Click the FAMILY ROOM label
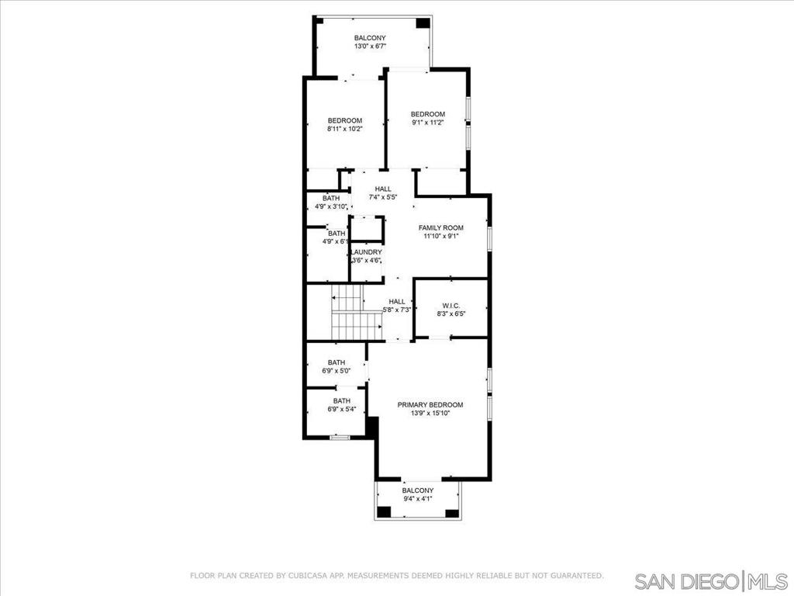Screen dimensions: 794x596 pyautogui.click(x=440, y=228)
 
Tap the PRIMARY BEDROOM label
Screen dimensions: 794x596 pyautogui.click(x=430, y=405)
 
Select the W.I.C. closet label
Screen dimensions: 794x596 pyautogui.click(x=451, y=306)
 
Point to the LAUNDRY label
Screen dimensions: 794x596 pyautogui.click(x=366, y=252)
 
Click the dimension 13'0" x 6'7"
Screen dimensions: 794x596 pyautogui.click(x=370, y=46)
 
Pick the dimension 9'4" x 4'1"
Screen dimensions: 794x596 pyautogui.click(x=418, y=499)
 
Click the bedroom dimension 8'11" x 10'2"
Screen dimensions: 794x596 pyautogui.click(x=345, y=129)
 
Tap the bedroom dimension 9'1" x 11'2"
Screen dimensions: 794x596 pyautogui.click(x=428, y=122)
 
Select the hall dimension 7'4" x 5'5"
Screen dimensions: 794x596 pyautogui.click(x=383, y=197)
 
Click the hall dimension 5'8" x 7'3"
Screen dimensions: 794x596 pyautogui.click(x=396, y=310)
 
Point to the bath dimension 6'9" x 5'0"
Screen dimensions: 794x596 pyautogui.click(x=337, y=371)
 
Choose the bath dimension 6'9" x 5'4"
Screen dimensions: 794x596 pyautogui.click(x=342, y=409)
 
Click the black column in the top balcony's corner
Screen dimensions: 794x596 pyautogui.click(x=423, y=23)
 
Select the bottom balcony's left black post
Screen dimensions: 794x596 pyautogui.click(x=385, y=512)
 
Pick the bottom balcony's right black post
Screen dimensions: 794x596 pyautogui.click(x=452, y=512)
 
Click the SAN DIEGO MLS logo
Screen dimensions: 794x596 pyautogui.click(x=711, y=580)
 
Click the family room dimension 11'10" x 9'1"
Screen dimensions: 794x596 pyautogui.click(x=440, y=236)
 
